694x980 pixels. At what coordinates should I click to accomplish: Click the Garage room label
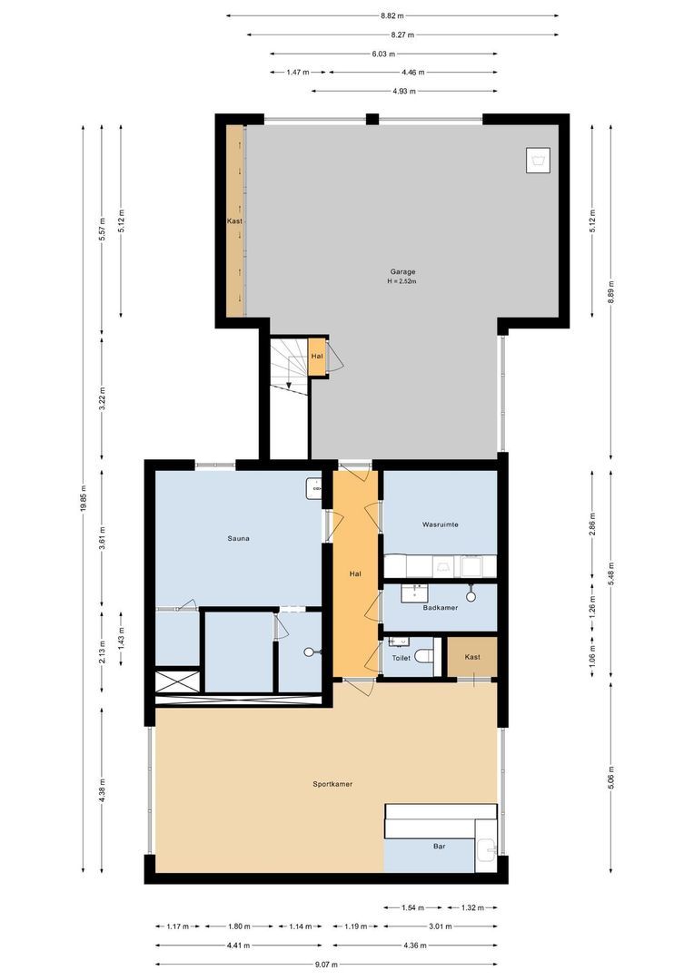tap(403, 271)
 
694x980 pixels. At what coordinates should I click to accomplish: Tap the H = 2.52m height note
tap(403, 281)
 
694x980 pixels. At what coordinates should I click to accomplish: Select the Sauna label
tap(239, 538)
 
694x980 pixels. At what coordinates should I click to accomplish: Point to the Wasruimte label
tap(440, 524)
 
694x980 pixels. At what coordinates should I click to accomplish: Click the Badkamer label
tap(440, 608)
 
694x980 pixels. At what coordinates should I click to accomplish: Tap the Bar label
tap(440, 847)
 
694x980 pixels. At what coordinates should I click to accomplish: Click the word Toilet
tap(401, 657)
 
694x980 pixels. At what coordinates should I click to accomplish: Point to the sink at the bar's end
tap(486, 851)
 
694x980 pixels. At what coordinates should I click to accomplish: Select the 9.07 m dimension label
tap(326, 965)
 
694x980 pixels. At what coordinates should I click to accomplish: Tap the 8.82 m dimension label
tap(392, 15)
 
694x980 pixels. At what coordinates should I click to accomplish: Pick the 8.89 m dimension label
tap(611, 291)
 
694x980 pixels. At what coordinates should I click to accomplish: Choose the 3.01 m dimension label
tap(440, 926)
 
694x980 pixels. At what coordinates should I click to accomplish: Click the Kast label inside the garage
tap(234, 220)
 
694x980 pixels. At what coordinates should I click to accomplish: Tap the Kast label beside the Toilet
tap(471, 657)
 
